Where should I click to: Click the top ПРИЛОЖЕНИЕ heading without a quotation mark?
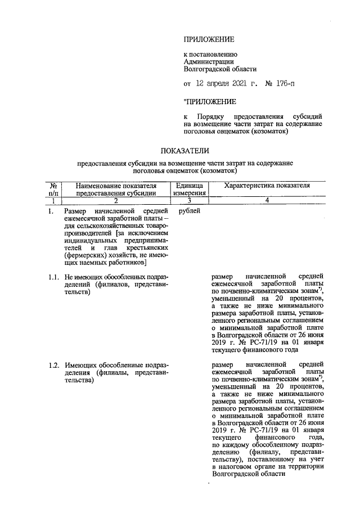point(208,39)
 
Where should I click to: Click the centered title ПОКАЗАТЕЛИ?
point(185,151)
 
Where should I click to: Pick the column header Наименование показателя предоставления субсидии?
point(116,189)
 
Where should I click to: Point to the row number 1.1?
point(53,277)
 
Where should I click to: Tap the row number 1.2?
point(53,366)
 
